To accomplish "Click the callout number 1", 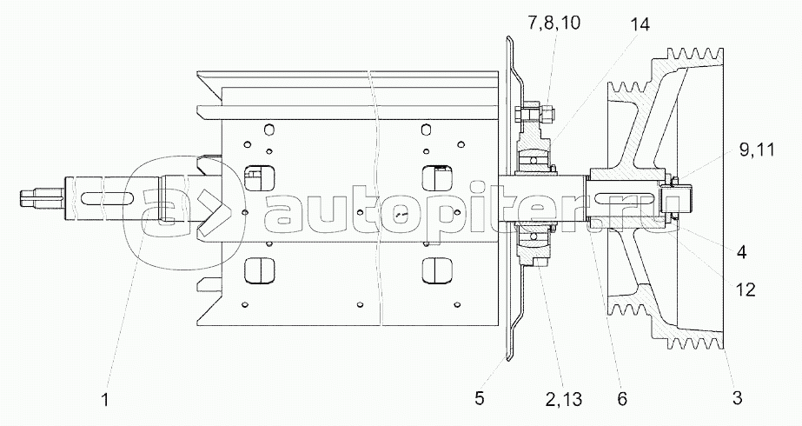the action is (105, 399).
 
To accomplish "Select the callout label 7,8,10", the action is (554, 23).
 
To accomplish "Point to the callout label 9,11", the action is (757, 150).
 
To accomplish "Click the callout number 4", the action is (741, 251).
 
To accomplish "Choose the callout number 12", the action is (745, 290).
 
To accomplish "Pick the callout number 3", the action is (737, 397).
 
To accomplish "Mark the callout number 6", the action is (622, 398).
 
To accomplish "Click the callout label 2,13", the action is (564, 399).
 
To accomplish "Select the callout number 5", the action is (479, 398).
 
